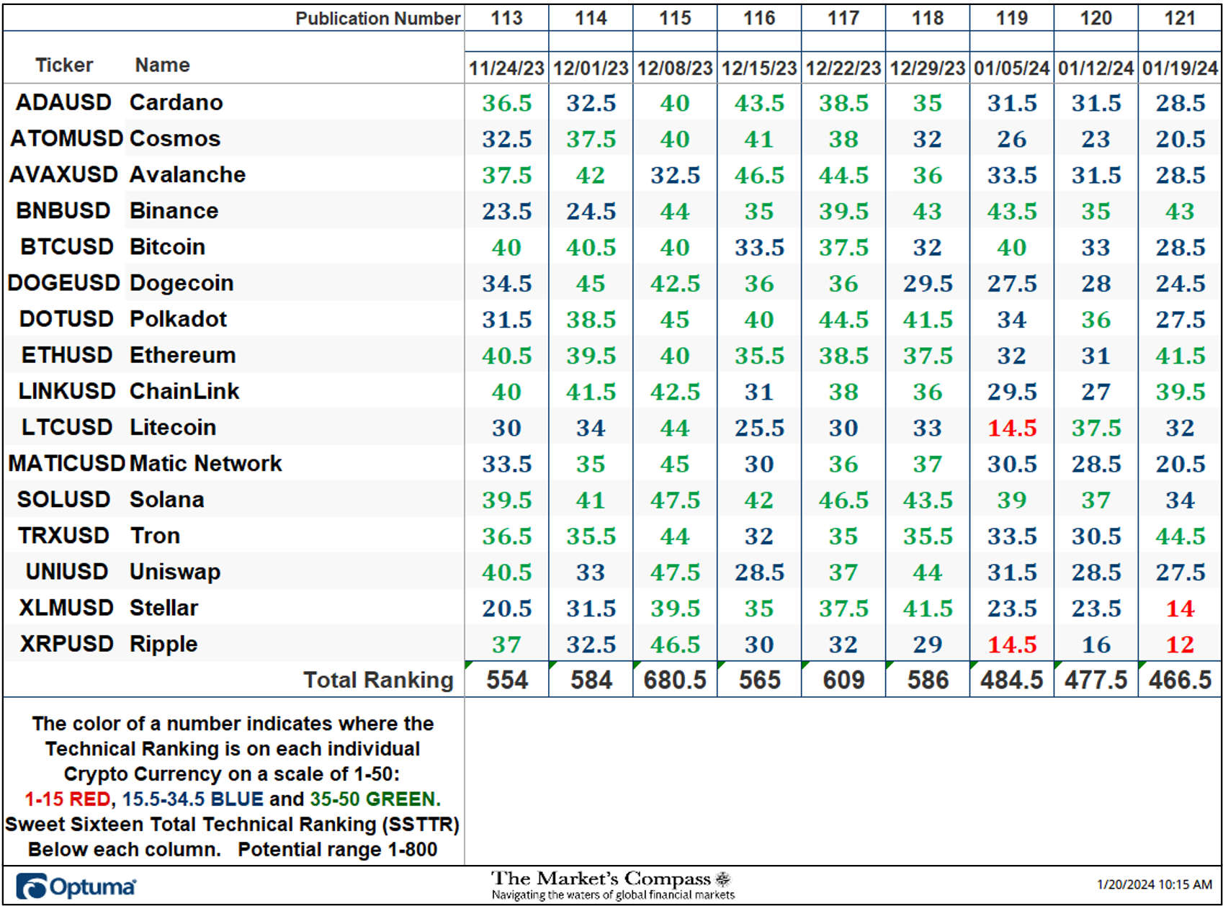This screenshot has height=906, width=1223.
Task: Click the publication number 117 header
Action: tap(843, 18)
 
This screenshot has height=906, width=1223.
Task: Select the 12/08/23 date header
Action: tap(675, 68)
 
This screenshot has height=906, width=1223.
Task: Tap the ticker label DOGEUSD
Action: tap(63, 283)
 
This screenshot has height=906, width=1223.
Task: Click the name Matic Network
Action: tap(205, 463)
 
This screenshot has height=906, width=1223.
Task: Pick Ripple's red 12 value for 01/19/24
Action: tap(1180, 645)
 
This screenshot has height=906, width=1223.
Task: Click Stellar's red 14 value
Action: tap(1180, 609)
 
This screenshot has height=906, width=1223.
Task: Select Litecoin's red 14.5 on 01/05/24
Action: tap(1012, 428)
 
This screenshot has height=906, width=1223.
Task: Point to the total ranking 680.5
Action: tap(675, 680)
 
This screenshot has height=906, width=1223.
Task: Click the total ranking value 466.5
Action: tap(1180, 680)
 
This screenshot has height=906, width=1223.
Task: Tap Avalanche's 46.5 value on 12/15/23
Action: tap(759, 175)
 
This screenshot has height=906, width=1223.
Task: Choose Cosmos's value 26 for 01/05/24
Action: tap(1012, 139)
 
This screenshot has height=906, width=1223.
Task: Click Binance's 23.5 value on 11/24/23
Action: tap(507, 211)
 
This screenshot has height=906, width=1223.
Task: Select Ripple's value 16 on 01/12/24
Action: tap(1096, 645)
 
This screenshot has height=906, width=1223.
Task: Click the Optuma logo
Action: tap(76, 887)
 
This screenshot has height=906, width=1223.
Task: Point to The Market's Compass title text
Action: tap(601, 879)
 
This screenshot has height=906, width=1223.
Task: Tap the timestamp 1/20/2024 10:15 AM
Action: tap(1155, 884)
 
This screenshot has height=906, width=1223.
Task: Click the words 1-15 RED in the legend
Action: tap(68, 799)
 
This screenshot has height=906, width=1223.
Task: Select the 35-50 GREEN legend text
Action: tap(373, 799)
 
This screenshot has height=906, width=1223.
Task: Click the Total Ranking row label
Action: tap(378, 680)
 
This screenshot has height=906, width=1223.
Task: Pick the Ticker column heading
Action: tap(64, 65)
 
